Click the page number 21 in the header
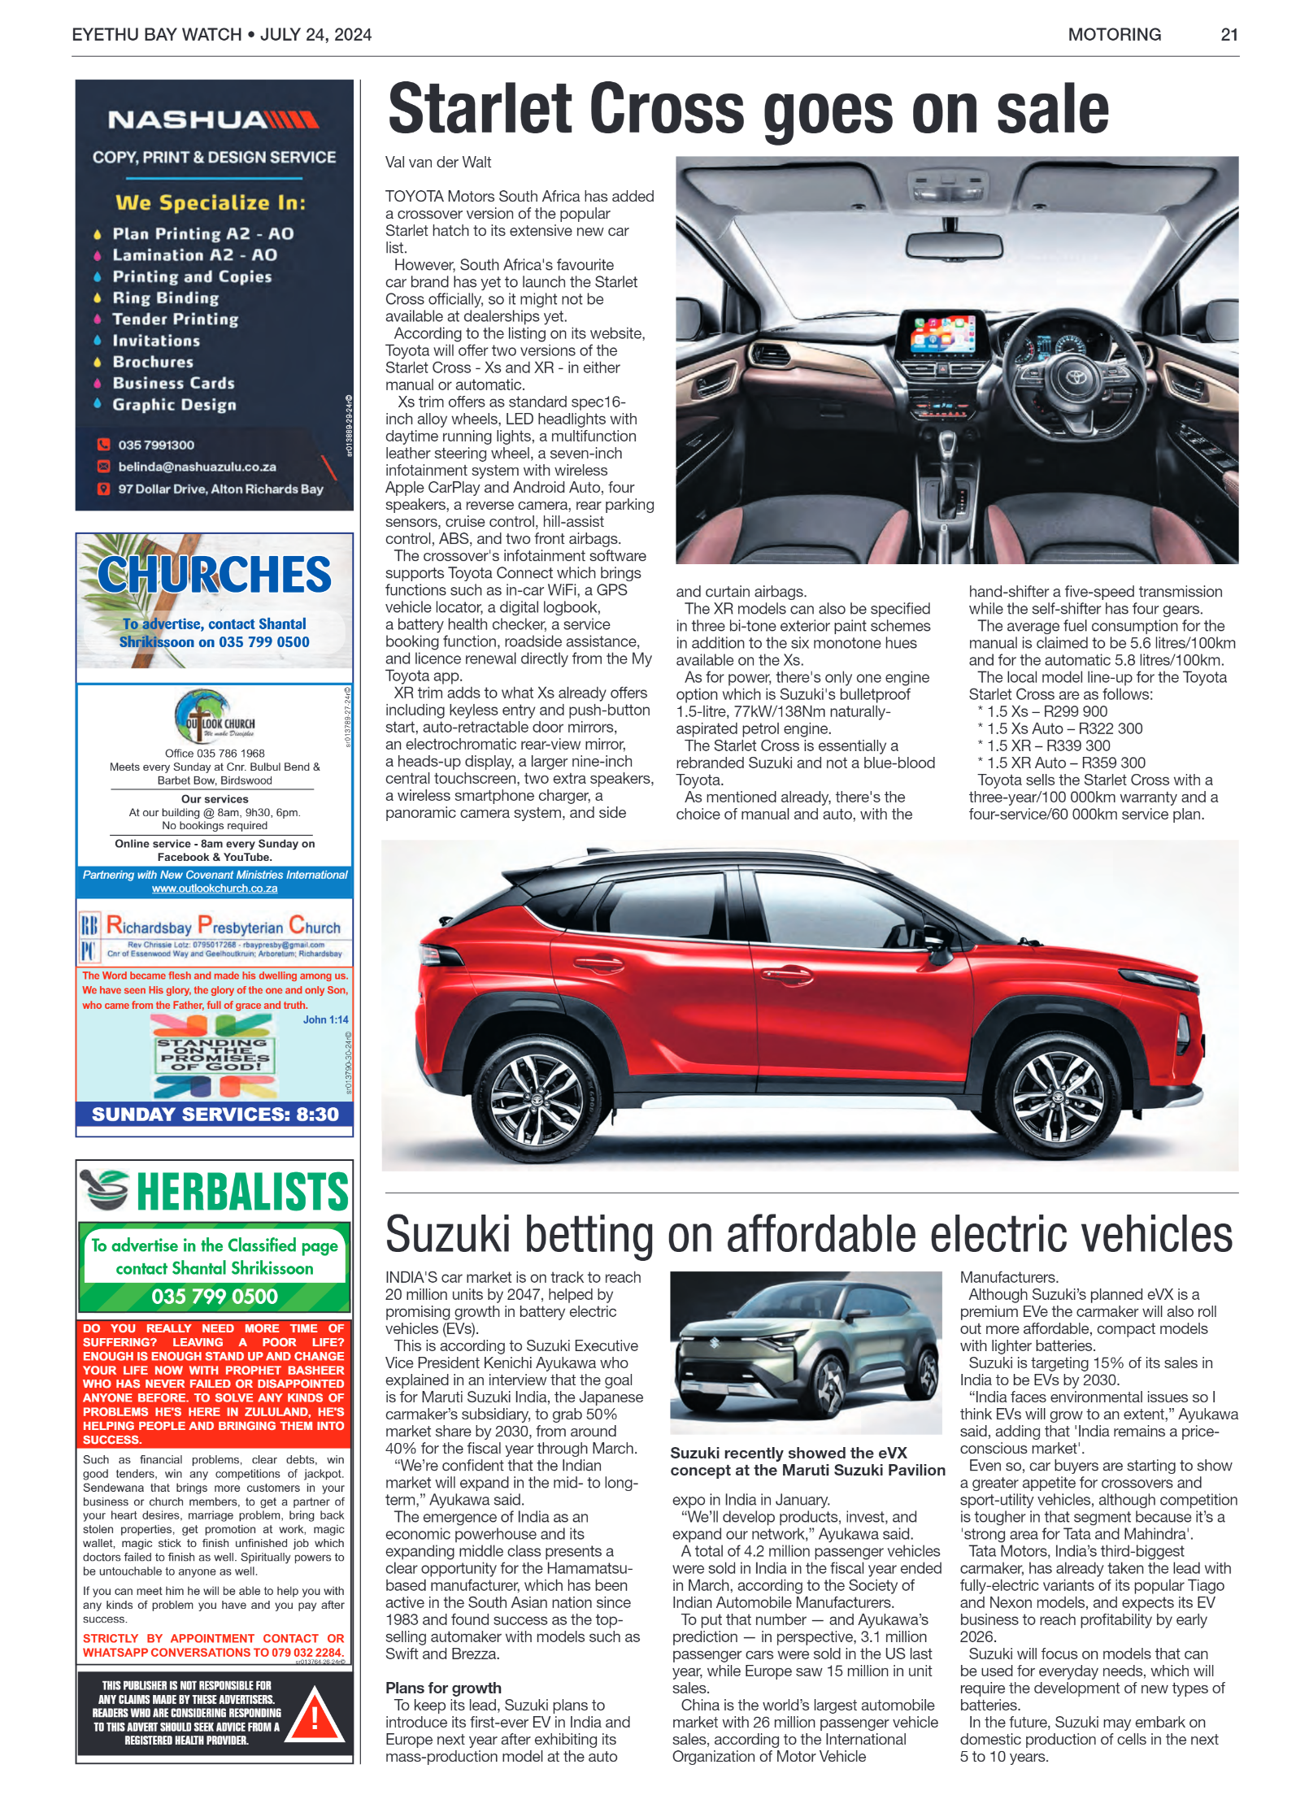click(x=1229, y=34)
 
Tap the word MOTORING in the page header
click(x=1114, y=34)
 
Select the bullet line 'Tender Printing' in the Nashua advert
click(x=175, y=319)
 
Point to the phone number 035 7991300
click(x=155, y=445)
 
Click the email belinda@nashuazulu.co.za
click(x=197, y=467)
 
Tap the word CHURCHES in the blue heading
click(x=215, y=575)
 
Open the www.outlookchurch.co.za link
click(x=215, y=889)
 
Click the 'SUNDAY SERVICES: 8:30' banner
click(x=215, y=1114)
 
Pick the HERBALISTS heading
click(x=241, y=1192)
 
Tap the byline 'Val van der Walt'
click(x=438, y=162)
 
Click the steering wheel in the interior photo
click(x=1076, y=380)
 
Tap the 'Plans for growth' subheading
click(x=443, y=1688)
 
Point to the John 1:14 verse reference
click(x=325, y=1019)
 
